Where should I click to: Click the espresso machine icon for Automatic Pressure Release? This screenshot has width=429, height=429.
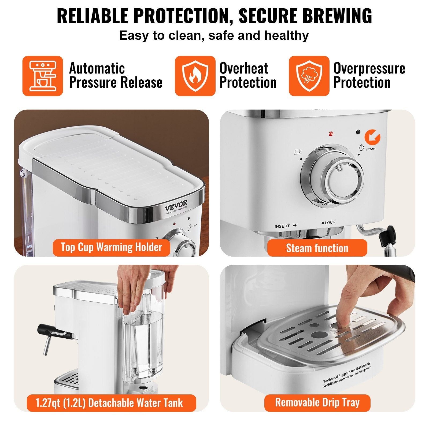click(x=43, y=76)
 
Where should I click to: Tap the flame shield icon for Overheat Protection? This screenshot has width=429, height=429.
click(x=195, y=76)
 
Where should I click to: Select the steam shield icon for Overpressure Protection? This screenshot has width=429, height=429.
click(x=309, y=76)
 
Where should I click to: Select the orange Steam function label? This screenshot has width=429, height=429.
click(x=317, y=248)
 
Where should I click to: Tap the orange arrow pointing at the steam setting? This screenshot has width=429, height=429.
click(x=372, y=137)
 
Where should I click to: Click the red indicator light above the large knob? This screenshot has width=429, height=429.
click(x=331, y=133)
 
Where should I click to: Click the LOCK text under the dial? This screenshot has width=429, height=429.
click(x=330, y=223)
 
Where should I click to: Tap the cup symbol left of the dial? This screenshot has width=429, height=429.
click(x=298, y=152)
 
